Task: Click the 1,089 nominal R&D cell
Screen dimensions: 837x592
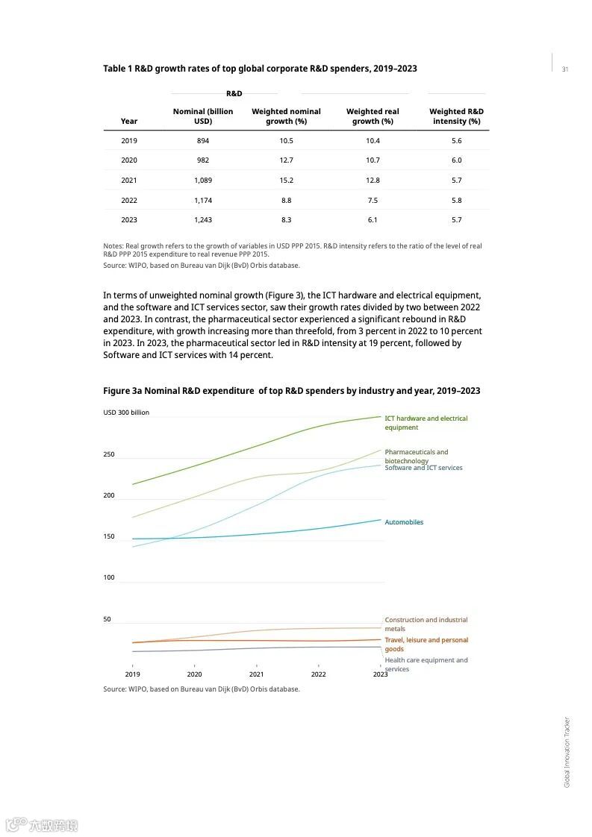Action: coord(202,180)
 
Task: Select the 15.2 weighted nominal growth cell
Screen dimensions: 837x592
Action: coord(286,180)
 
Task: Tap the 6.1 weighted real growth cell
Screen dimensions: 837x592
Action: coord(373,219)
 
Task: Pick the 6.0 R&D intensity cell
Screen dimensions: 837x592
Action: coord(456,160)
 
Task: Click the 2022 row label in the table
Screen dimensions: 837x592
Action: coord(129,200)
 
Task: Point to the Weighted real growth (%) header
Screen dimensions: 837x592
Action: coord(373,116)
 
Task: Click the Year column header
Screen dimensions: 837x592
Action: coord(129,121)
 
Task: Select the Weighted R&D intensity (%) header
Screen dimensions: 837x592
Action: coord(456,116)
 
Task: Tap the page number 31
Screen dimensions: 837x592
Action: coord(565,69)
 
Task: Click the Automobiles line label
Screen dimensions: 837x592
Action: coord(404,522)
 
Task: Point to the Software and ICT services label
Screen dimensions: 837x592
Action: coord(423,468)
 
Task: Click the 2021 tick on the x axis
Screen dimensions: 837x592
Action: coord(256,674)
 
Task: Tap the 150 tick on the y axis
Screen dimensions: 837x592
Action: coord(109,536)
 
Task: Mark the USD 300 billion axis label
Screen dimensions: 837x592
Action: coord(126,413)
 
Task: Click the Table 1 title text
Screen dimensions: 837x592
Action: coord(260,69)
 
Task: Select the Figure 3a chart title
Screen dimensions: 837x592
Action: coord(291,391)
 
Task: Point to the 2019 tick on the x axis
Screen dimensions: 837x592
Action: coord(133,674)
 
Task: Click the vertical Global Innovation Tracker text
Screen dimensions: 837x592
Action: coord(567,752)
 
